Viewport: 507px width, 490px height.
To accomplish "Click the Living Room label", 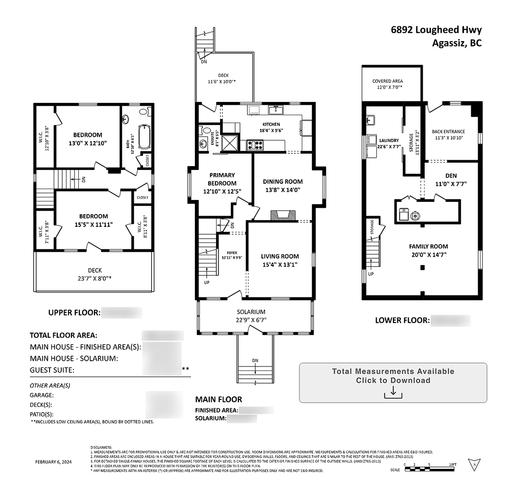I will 280,256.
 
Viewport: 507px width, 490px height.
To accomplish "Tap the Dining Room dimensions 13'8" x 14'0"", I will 283,190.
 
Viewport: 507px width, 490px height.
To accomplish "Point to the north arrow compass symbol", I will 473,464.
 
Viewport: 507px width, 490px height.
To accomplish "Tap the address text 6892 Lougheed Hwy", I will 436,30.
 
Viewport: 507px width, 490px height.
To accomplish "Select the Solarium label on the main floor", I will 251,312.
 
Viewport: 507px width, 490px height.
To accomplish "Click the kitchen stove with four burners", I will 255,145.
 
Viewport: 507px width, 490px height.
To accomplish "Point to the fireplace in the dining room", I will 283,215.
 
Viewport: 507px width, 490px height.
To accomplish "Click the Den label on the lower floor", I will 451,175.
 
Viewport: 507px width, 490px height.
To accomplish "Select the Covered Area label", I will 387,81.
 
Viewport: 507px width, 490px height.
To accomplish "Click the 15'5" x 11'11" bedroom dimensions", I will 94,225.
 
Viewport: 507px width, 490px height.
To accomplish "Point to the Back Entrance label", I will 448,132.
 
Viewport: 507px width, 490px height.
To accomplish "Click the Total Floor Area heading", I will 64,336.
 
